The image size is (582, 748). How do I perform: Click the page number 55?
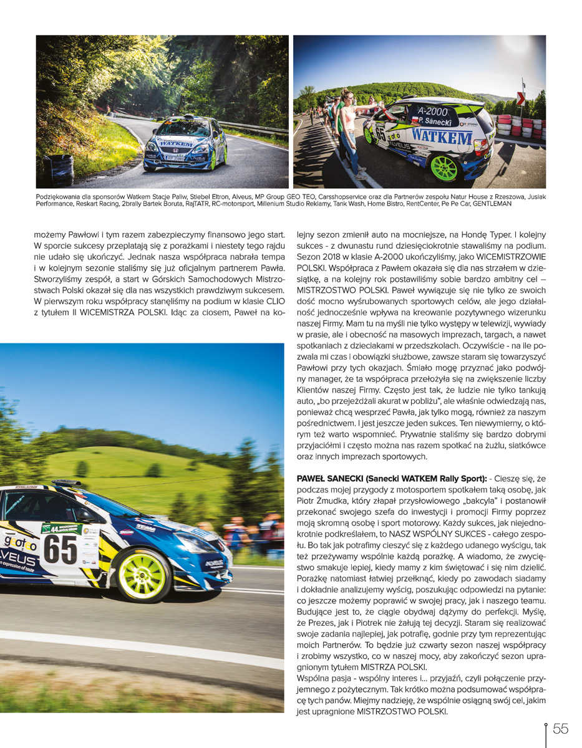click(560, 729)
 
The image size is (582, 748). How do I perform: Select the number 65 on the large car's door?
click(60, 549)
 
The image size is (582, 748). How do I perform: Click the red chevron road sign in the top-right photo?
click(521, 98)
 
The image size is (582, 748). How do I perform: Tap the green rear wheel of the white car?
click(444, 168)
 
